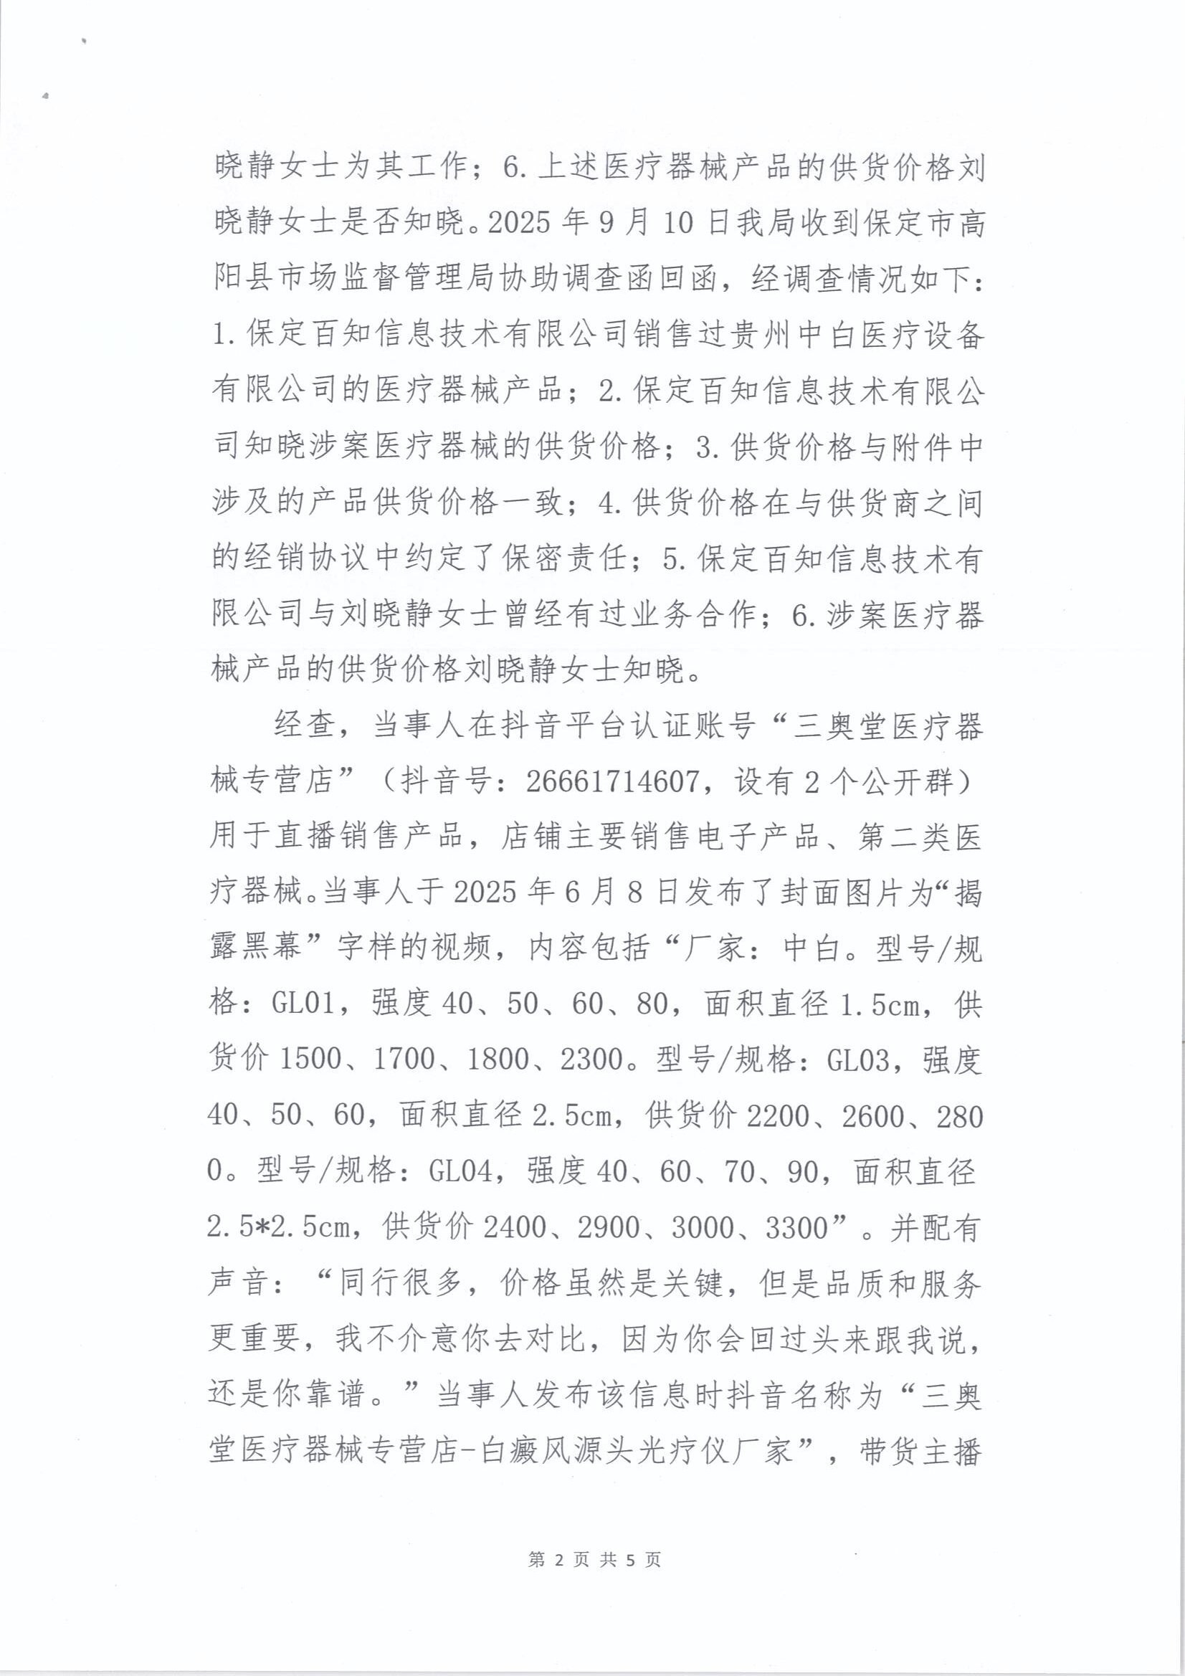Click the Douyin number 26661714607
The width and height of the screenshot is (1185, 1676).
(x=611, y=784)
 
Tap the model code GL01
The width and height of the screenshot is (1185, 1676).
(x=303, y=1004)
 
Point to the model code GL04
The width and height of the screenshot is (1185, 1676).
(x=460, y=1171)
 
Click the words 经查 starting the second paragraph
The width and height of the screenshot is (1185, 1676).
(x=305, y=727)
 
